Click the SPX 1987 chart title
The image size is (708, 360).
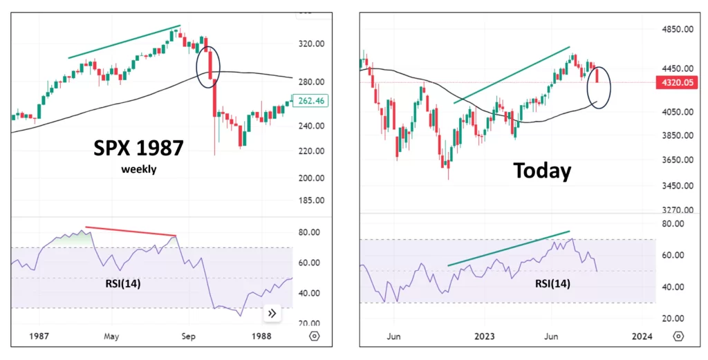(x=138, y=147)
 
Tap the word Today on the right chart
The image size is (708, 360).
(x=542, y=170)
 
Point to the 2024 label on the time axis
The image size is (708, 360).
(x=642, y=337)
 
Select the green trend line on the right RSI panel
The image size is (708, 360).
(x=509, y=248)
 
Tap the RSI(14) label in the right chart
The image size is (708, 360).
(x=553, y=283)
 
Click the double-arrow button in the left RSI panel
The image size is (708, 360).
(x=271, y=313)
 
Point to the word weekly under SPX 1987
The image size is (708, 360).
(x=138, y=169)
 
